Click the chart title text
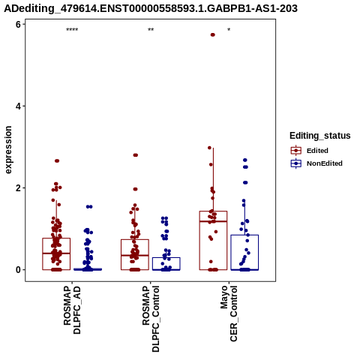tap(151, 8)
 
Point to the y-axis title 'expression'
tap(8, 150)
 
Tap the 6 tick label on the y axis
tap(18, 24)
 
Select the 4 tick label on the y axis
tap(18, 106)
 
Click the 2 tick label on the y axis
tap(18, 188)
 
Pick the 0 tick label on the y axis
tap(18, 270)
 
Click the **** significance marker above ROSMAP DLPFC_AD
tap(72, 30)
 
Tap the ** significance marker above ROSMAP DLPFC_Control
tap(151, 30)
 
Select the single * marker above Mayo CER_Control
tap(229, 30)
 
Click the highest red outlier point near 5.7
tap(213, 34)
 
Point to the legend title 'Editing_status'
tap(320, 136)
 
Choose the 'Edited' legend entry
tap(317, 151)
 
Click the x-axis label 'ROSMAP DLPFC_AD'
tap(72, 310)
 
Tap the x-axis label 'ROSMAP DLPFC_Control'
tap(151, 319)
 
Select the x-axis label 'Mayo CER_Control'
tap(229, 313)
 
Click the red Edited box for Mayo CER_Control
tap(213, 211)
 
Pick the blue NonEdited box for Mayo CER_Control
tap(244, 235)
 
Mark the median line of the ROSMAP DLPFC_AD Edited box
tap(56, 253)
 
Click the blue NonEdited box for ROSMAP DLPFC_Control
tap(166, 257)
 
